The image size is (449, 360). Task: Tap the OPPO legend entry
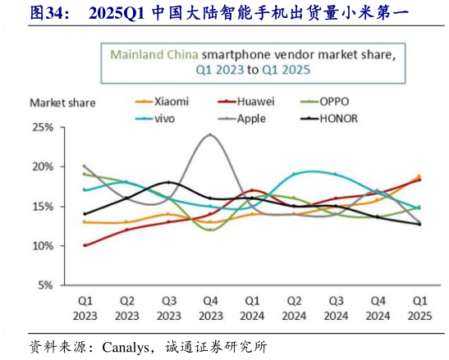coord(336,102)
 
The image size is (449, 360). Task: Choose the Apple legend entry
coord(250,118)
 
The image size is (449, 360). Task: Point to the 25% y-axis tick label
coord(42,128)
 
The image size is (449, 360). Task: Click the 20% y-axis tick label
coord(42,167)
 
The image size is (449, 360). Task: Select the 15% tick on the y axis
coord(42,207)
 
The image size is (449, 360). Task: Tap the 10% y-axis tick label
coord(42,246)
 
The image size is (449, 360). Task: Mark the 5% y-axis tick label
coord(44,285)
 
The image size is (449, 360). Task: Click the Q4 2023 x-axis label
coord(211,308)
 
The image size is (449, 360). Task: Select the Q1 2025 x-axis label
coord(419,308)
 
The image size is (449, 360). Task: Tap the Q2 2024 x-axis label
coord(295,308)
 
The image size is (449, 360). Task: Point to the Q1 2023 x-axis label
coord(85,308)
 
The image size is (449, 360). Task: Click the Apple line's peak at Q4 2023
coord(211,134)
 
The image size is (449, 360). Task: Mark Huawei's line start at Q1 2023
coord(85,245)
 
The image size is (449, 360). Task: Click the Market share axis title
coord(62,103)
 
